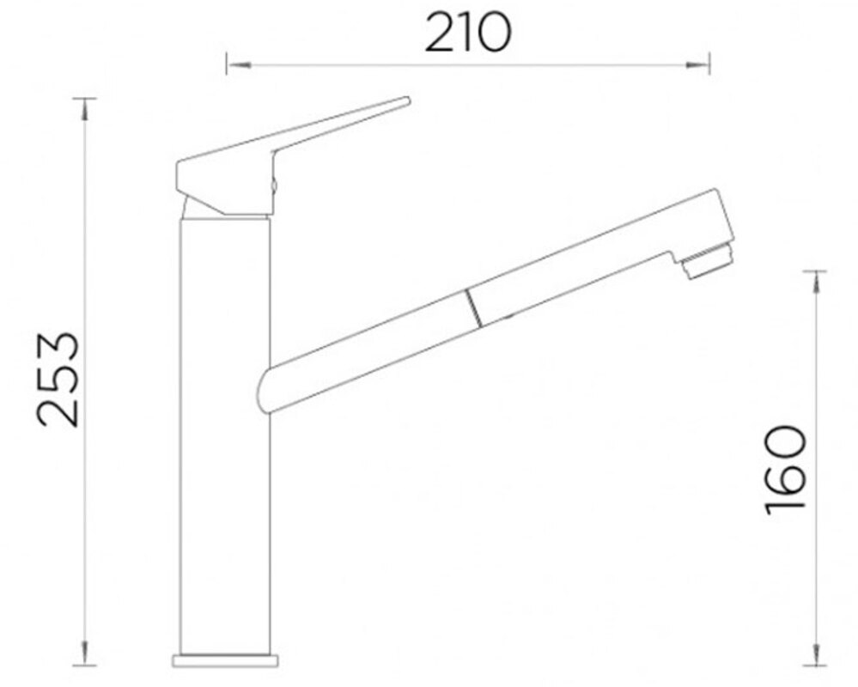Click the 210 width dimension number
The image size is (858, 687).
pos(468,33)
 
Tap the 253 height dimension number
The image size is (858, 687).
pos(58,379)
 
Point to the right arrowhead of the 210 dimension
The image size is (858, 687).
pos(698,65)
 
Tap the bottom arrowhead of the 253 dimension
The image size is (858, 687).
pos(84,654)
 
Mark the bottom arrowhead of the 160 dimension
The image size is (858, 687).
pos(816,654)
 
